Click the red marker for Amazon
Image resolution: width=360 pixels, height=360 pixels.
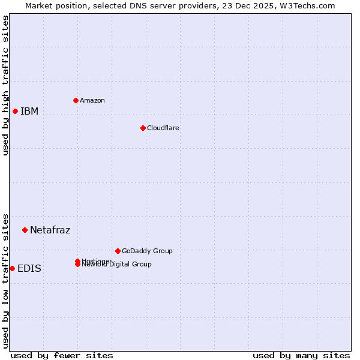click(x=76, y=100)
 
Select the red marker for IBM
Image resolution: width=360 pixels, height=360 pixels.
click(x=15, y=111)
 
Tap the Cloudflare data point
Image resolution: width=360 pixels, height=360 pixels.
click(x=143, y=128)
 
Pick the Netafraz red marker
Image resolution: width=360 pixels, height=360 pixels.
click(x=25, y=230)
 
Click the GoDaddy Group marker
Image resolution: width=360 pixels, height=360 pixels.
click(x=118, y=251)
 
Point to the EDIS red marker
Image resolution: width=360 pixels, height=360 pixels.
click(x=12, y=268)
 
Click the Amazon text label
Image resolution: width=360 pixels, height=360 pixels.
click(x=92, y=100)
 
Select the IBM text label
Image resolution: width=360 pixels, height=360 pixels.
click(x=29, y=111)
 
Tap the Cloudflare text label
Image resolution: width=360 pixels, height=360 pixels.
click(x=163, y=128)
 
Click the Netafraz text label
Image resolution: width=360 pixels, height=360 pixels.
click(x=50, y=230)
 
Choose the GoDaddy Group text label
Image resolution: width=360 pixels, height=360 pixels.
click(x=147, y=251)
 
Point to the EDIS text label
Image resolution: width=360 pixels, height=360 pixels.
click(x=29, y=268)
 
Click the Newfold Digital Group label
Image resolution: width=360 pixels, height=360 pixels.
click(x=116, y=265)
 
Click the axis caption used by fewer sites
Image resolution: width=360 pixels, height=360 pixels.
click(x=62, y=355)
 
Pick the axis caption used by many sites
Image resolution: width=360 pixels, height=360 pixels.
click(x=301, y=355)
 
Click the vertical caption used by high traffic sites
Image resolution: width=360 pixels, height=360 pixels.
click(x=5, y=85)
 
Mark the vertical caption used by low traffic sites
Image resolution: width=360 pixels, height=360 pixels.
click(x=5, y=280)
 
